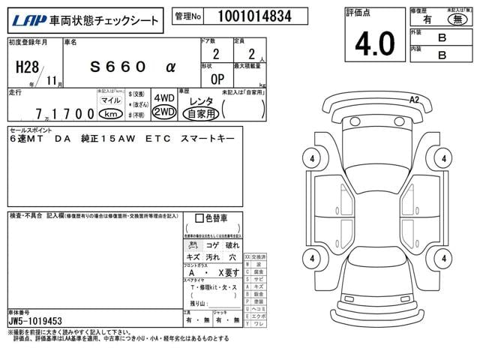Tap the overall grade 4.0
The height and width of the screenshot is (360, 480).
374,43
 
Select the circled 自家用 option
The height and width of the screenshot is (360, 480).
201,113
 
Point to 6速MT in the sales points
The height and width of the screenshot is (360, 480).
28,139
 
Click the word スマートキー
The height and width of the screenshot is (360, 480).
205,139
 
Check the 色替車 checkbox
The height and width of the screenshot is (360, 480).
199,218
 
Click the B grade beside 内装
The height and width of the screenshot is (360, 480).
442,55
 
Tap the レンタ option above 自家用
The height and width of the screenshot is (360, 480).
201,100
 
